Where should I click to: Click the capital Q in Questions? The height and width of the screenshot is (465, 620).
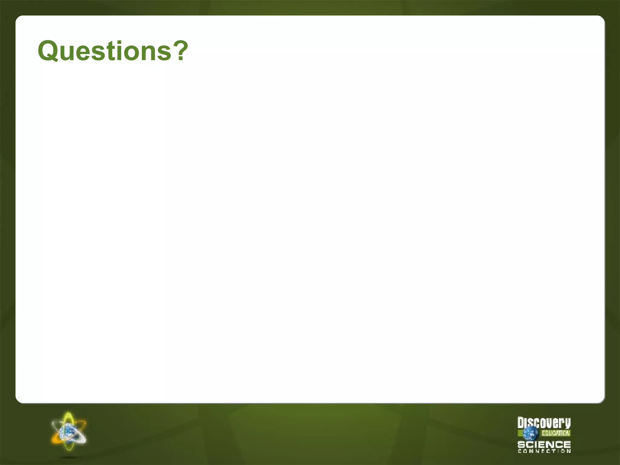click(x=50, y=51)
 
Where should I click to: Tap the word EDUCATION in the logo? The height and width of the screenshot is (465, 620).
click(x=556, y=433)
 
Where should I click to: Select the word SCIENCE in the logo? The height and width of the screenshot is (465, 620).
click(x=544, y=444)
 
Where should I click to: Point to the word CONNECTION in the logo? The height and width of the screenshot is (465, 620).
click(x=544, y=451)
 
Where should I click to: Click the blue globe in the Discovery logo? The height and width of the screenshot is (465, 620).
click(x=530, y=433)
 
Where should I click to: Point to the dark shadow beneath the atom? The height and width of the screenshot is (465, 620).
click(x=69, y=457)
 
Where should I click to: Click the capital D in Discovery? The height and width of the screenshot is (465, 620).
click(x=521, y=422)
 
